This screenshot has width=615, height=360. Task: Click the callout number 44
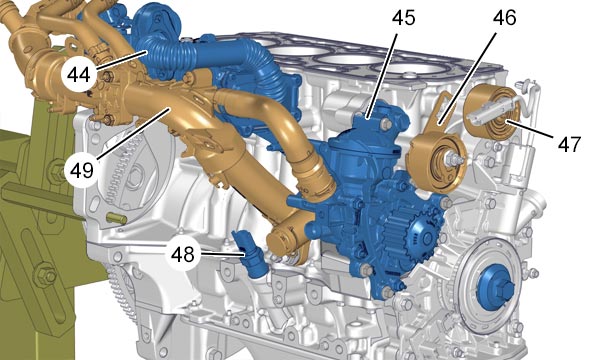point(78,74)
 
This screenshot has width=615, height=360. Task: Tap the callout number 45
point(403,18)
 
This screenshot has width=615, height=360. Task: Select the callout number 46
point(504,18)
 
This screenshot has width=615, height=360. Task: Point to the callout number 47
point(569,144)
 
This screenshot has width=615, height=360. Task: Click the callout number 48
point(183,254)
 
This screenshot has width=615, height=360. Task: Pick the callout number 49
point(82,170)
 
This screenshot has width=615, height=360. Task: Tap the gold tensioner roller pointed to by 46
point(436,160)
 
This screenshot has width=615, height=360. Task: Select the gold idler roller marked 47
point(493,106)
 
